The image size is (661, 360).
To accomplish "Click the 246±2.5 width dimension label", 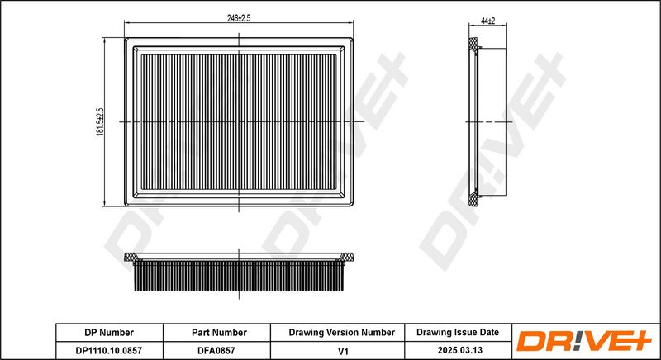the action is coord(239,18).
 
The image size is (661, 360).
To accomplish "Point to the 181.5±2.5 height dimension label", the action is coord(100,121).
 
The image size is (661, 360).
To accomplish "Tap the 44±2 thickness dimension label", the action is coord(487,21).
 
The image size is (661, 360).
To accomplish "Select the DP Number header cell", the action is coord(109,333).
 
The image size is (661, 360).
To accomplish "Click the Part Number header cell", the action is coord(219,333).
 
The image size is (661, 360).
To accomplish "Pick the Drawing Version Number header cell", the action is coord(341,333).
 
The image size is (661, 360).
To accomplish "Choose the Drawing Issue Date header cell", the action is coord(458,333).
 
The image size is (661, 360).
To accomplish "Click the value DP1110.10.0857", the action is coord(109,350).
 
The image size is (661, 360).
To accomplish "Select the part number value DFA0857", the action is coord(216,350).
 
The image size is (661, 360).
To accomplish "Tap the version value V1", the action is coord(344,350).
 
